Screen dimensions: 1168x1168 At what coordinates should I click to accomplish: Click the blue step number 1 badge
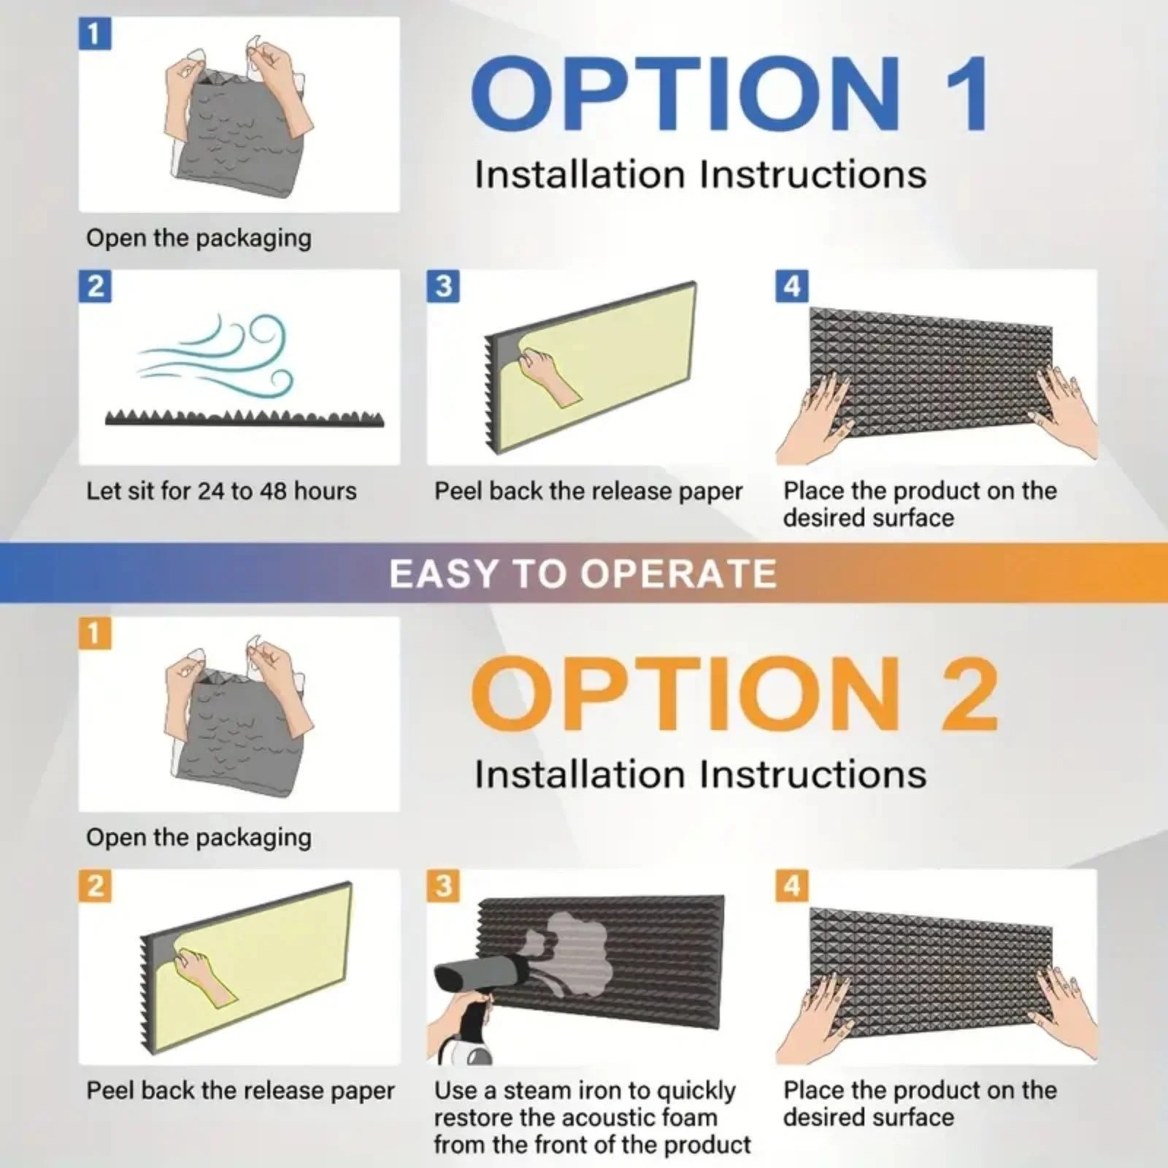95,34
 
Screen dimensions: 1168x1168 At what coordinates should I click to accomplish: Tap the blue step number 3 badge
443,286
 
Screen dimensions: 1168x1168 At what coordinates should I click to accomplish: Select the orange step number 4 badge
792,885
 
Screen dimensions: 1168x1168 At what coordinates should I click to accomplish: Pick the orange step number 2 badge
95,885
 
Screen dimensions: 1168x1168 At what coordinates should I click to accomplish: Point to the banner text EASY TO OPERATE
583,573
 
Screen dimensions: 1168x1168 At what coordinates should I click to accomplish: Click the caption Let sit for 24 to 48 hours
221,491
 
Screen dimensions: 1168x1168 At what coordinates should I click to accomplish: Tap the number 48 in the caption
272,491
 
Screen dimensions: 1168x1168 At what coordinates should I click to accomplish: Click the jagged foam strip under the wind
245,418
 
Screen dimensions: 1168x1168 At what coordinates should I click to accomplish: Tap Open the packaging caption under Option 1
199,239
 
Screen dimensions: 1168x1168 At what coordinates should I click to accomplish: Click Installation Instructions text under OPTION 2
700,774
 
